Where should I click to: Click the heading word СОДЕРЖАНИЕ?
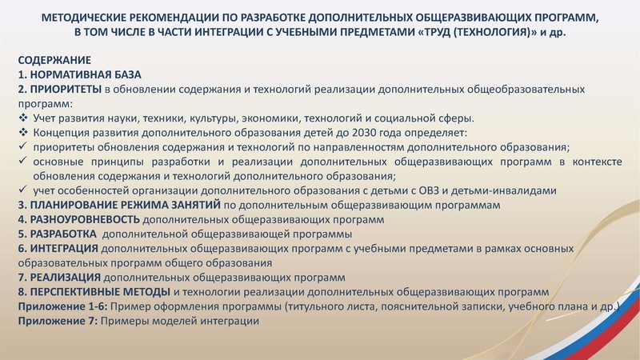coord(54,60)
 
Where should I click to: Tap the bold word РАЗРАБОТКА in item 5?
coord(64,234)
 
